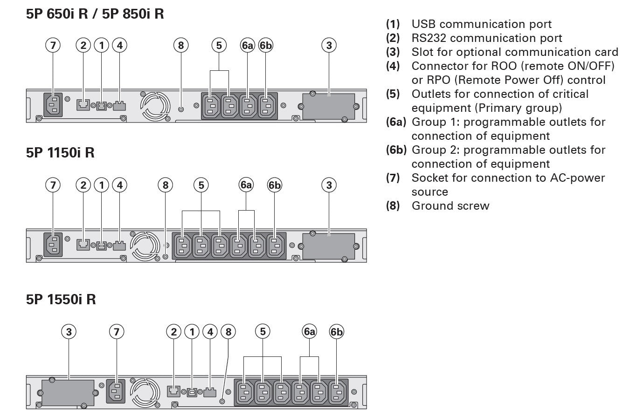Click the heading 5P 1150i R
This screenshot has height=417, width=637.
pos(60,152)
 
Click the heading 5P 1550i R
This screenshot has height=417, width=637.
pos(61,299)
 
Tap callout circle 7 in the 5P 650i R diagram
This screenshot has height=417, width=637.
pos(53,45)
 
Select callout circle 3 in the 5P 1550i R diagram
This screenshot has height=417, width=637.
pos(69,332)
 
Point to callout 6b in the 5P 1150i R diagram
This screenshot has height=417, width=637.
pos(275,185)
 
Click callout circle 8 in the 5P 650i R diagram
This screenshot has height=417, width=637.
pos(181,45)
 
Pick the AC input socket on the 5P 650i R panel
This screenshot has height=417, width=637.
pos(53,104)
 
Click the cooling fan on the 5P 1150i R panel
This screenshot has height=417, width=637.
pos(143,246)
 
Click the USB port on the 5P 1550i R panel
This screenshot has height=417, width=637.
pos(192,391)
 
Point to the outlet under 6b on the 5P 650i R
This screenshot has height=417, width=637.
pos(266,106)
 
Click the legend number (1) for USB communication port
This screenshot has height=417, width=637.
pos(393,24)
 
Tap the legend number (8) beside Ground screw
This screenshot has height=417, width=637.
pos(393,206)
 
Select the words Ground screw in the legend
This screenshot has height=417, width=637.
pos(450,206)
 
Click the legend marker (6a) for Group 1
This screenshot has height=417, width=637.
pos(396,122)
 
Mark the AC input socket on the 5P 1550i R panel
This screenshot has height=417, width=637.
pos(117,390)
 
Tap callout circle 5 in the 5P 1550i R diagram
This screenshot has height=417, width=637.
pos(263,332)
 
